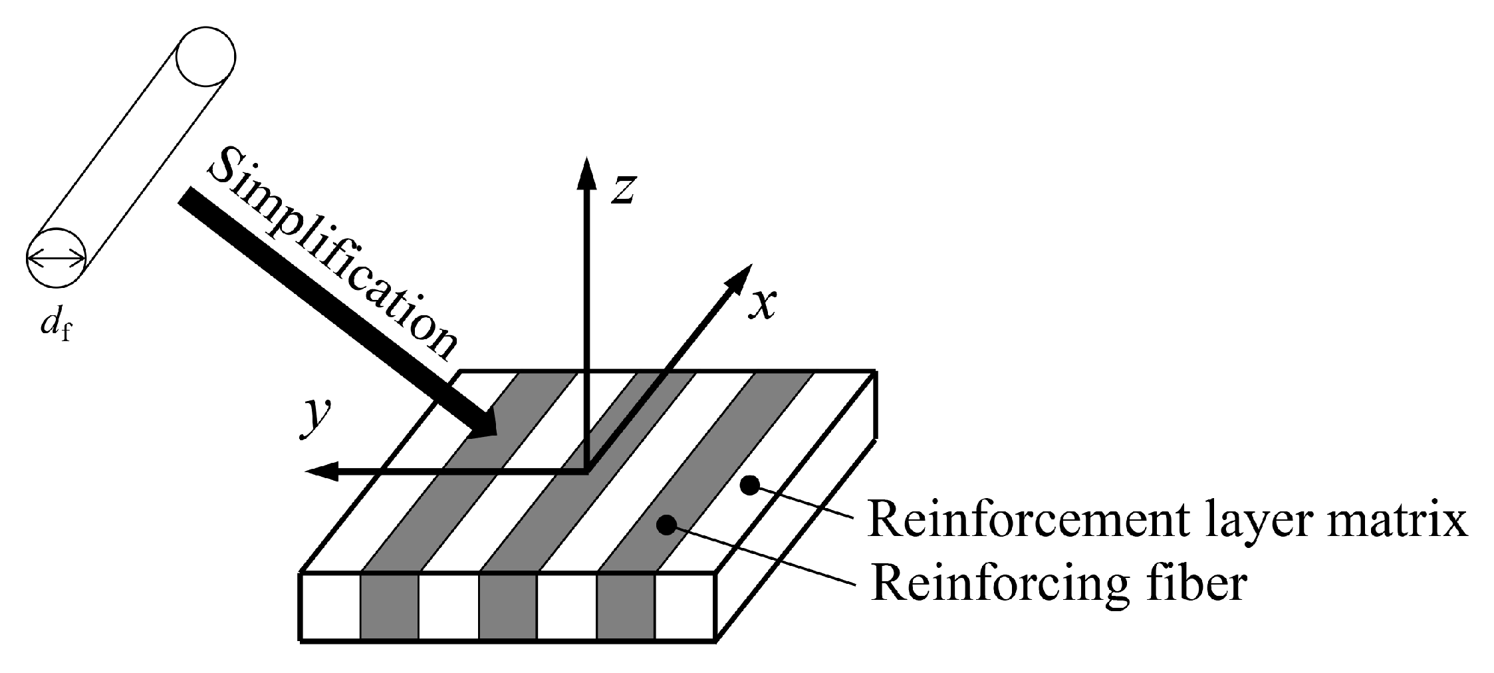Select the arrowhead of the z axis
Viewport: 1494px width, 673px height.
586,174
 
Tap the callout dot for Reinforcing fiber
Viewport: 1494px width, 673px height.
666,525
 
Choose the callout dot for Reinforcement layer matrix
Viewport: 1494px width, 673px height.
749,485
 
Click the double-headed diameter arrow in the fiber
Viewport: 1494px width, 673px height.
57,257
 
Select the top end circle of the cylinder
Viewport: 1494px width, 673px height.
205,57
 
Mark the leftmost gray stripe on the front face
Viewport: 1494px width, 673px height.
390,606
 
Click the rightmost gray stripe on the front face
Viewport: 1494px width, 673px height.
626,606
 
